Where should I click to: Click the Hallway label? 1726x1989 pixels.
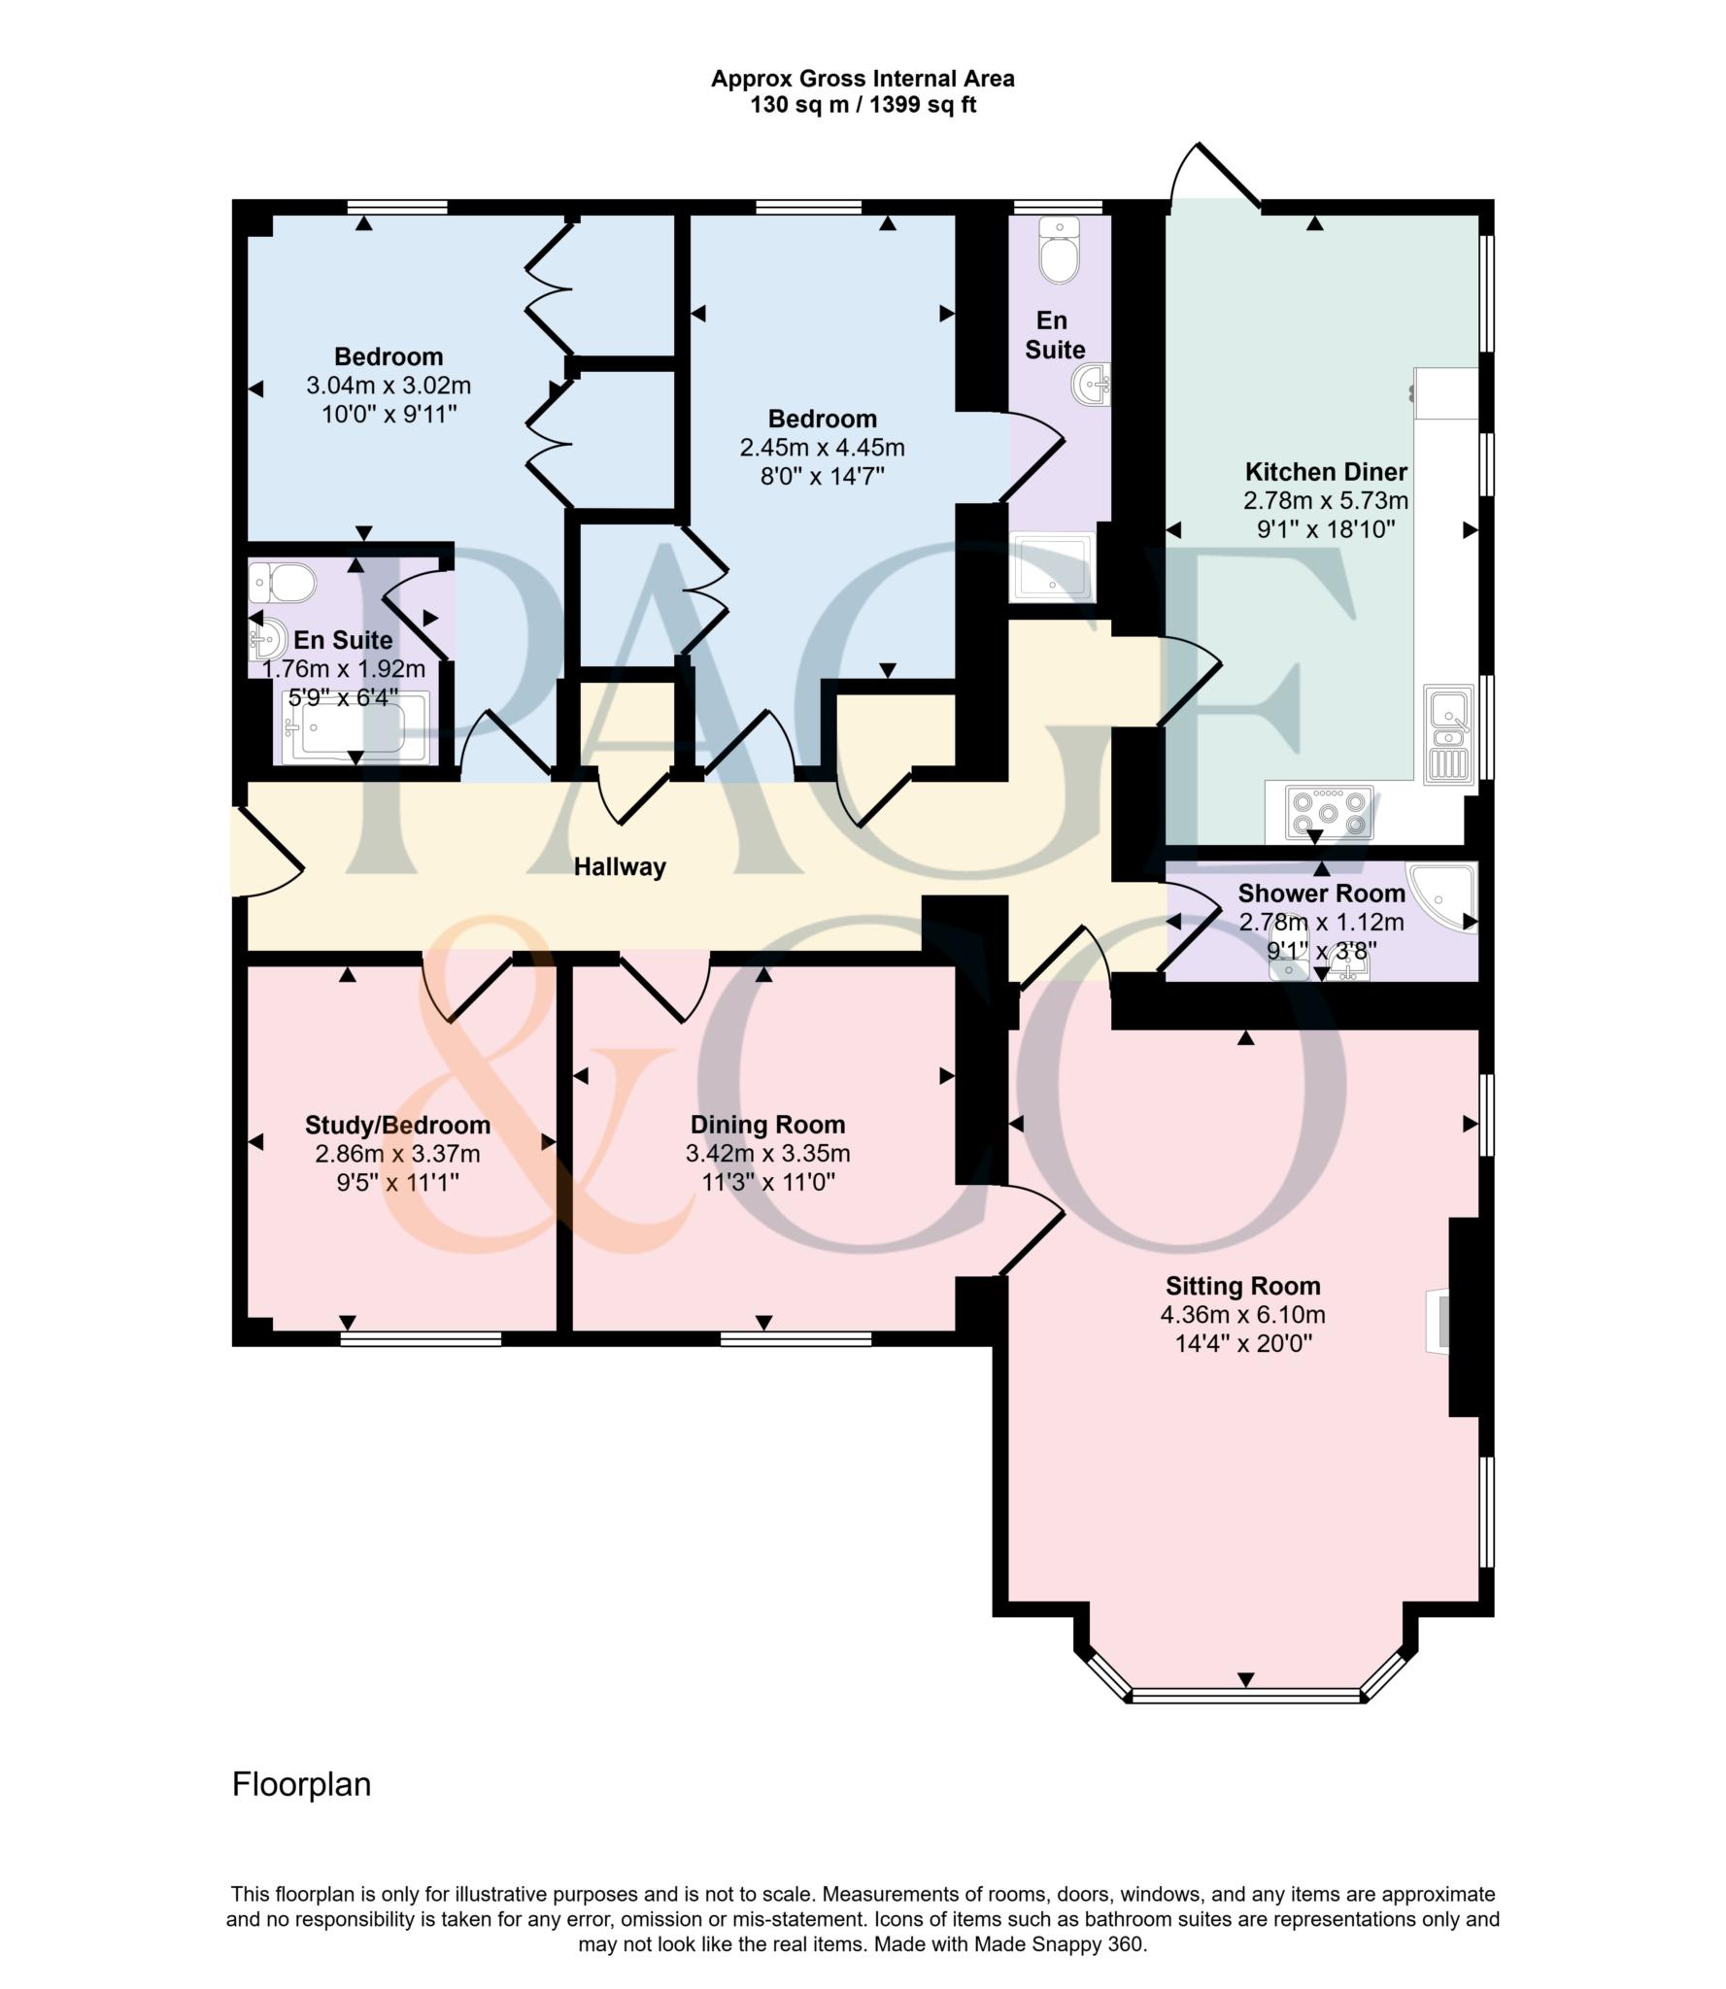[x=620, y=866]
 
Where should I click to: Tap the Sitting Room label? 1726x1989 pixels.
[x=1242, y=1286]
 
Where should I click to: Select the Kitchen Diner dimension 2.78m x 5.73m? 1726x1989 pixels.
[x=1325, y=501]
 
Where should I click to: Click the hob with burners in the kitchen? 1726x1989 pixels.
[x=1330, y=811]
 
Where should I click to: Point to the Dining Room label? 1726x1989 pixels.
[x=767, y=1125]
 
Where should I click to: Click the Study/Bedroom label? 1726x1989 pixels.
[x=397, y=1125]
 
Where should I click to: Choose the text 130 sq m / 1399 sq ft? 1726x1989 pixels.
[x=863, y=105]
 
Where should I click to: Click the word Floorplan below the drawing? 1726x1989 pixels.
[x=301, y=1785]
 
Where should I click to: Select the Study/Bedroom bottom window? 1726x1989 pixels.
[x=421, y=1339]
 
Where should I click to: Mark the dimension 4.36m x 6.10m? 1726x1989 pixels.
[x=1242, y=1315]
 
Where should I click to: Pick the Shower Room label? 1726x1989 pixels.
[x=1321, y=893]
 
